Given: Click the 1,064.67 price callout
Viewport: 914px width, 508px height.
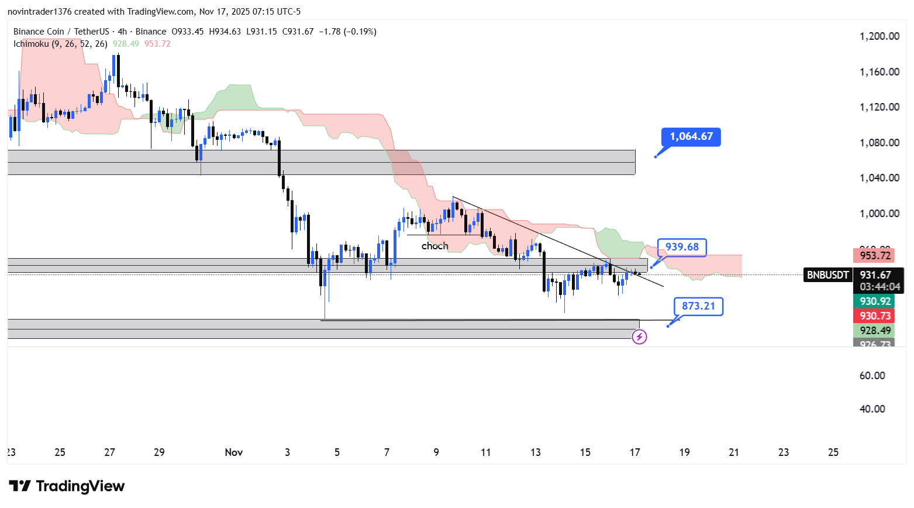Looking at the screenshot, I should pos(691,137).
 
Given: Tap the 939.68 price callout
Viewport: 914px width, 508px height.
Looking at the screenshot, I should pos(682,247).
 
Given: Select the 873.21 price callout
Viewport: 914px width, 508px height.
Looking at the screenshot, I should pos(698,306).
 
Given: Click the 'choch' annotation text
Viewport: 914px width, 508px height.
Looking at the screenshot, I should pos(434,246).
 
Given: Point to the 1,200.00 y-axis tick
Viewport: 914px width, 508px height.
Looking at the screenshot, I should pos(879,36).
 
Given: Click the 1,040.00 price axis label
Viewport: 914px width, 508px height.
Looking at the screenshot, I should pos(879,178).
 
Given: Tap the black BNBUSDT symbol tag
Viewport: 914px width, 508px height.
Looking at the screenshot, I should pos(827,275).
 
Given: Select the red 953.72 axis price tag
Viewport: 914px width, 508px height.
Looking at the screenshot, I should pos(875,256).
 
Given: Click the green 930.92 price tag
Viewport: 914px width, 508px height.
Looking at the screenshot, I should pos(875,301).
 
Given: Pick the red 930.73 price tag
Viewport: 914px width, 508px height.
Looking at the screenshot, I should pos(875,316).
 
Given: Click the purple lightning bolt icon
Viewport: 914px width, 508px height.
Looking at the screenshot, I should pos(640,337).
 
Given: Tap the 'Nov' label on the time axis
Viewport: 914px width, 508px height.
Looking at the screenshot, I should pos(233,452).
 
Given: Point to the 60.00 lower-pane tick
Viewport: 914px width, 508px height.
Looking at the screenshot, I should pos(872,376).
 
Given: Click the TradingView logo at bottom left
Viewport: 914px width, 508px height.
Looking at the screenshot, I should pos(67,486).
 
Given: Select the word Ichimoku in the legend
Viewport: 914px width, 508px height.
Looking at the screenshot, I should pos(31,44).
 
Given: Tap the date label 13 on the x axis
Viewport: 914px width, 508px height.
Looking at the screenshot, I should pos(536,452).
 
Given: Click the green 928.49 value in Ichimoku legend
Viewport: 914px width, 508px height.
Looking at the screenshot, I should pos(126,44).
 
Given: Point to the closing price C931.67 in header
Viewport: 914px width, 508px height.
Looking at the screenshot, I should pos(298,32).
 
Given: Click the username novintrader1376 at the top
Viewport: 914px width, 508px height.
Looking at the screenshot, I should pos(39,12).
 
